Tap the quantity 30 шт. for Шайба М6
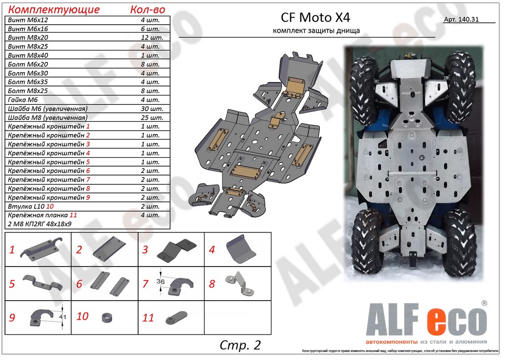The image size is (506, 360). click(x=152, y=109)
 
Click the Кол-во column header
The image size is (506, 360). click(x=147, y=9)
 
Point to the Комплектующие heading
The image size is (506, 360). click(x=54, y=9)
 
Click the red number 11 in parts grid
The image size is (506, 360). click(x=148, y=318)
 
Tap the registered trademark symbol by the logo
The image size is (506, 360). click(x=484, y=303)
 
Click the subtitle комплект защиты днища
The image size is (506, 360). click(x=316, y=31)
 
